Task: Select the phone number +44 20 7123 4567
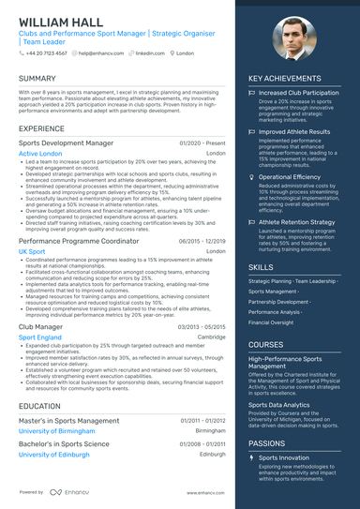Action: pyautogui.click(x=45, y=54)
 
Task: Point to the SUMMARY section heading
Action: pyautogui.click(x=37, y=79)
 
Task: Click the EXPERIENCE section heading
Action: pyautogui.click(x=42, y=127)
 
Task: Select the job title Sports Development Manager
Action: pyautogui.click(x=66, y=142)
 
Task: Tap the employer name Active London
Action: pyautogui.click(x=40, y=153)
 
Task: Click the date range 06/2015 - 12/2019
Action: pyautogui.click(x=202, y=242)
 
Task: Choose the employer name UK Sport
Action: pyautogui.click(x=32, y=252)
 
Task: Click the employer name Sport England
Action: pyautogui.click(x=40, y=337)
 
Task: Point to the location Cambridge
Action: pyautogui.click(x=211, y=337)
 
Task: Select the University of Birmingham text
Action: pyautogui.click(x=61, y=432)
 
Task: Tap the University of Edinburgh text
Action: pyautogui.click(x=60, y=454)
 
